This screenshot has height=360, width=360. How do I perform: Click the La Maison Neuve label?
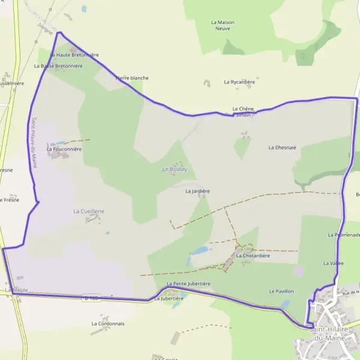tap(223, 25)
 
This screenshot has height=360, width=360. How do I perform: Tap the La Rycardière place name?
tap(239, 82)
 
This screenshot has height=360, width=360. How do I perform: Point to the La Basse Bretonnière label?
tap(60, 66)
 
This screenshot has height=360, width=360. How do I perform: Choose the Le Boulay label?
tap(175, 170)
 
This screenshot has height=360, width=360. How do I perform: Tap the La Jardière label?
tap(197, 191)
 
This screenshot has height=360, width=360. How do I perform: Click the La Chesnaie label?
tap(282, 147)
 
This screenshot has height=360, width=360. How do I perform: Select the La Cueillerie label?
tap(89, 211)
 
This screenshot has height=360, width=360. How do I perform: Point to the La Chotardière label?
tap(253, 256)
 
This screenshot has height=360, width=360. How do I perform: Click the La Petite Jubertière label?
tap(188, 283)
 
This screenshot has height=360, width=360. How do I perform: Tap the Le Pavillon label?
tap(281, 291)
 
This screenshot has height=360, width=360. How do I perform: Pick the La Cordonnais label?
tap(108, 323)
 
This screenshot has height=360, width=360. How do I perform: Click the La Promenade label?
tap(344, 235)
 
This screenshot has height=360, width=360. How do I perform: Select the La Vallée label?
tap(333, 263)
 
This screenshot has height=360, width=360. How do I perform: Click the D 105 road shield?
tap(91, 298)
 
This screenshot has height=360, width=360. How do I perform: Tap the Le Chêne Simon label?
tap(244, 112)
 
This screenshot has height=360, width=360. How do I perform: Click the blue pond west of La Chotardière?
tap(199, 250)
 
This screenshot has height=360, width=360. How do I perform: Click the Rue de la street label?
tap(348, 292)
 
